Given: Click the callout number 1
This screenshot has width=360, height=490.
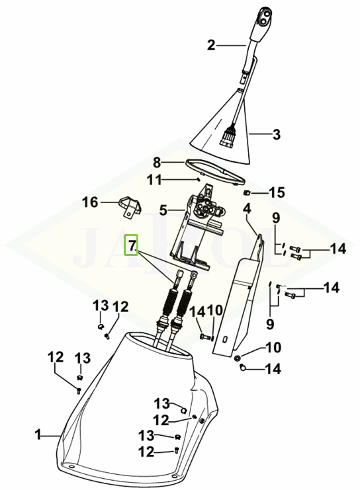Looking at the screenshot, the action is click(38, 434).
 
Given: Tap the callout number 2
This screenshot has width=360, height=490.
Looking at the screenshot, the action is click(211, 46).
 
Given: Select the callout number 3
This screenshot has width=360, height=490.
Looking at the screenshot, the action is click(276, 135).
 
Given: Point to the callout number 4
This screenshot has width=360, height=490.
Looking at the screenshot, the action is click(247, 209).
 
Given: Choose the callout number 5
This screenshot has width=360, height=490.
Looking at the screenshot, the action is click(163, 210).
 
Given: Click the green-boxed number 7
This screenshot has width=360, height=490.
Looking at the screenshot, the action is click(132, 245).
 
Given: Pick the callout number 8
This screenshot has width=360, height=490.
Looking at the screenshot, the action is click(157, 163).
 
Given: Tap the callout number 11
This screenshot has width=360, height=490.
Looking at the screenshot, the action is click(154, 181).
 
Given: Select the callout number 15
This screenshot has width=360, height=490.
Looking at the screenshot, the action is click(277, 192).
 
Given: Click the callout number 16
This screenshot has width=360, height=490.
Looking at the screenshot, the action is click(90, 202).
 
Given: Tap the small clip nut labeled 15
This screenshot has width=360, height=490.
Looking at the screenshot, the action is click(246, 192).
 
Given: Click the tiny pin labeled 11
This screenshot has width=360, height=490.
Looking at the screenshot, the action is click(199, 179).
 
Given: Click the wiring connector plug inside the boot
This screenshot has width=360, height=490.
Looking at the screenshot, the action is click(228, 138).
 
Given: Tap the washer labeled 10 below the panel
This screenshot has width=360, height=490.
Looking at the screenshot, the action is click(238, 358).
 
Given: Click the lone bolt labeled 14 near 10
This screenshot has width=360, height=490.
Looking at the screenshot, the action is click(205, 337).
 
